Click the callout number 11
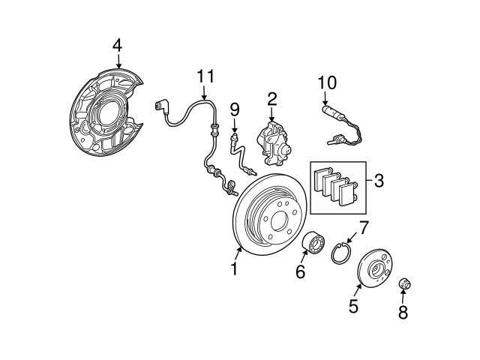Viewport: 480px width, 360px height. click(x=205, y=76)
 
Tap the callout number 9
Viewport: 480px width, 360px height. click(x=234, y=109)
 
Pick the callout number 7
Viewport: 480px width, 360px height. click(x=363, y=226)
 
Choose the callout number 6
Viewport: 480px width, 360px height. click(x=300, y=272)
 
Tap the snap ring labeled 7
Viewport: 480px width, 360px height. click(x=341, y=250)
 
